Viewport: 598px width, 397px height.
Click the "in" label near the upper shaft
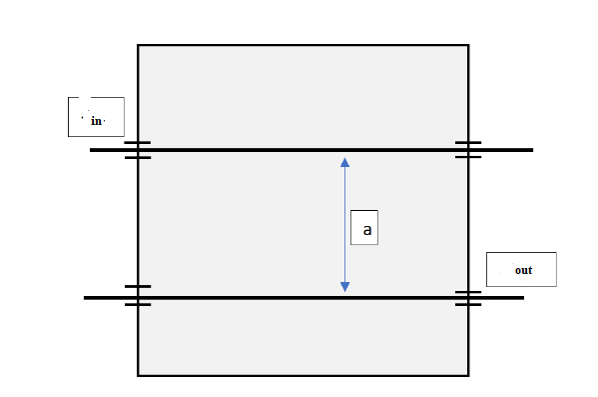(x=96, y=120)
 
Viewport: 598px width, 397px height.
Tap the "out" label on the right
(x=523, y=270)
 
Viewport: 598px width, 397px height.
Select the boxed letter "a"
(x=366, y=229)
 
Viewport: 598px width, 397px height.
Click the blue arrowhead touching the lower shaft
(x=344, y=287)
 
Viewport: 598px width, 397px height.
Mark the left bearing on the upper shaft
(x=138, y=150)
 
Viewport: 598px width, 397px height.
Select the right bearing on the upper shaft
(x=468, y=150)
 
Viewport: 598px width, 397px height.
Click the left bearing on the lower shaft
(x=138, y=296)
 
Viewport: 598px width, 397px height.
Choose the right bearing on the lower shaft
(x=468, y=298)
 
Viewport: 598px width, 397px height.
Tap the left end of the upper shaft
(x=92, y=150)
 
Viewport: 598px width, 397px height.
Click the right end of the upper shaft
(x=530, y=150)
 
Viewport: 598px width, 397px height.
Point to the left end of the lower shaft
(x=86, y=298)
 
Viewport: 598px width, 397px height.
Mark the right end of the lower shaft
(x=521, y=298)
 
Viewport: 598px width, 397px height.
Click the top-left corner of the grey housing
(x=138, y=45)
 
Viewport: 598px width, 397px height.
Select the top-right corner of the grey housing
(x=468, y=45)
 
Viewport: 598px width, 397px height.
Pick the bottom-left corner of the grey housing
(x=138, y=375)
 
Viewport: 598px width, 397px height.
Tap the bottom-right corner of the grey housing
(x=468, y=375)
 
